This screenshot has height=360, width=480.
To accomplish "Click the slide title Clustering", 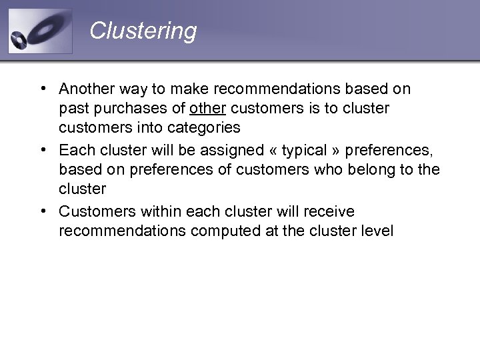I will point(143,31).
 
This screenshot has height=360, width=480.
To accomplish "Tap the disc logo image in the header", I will point(40,31).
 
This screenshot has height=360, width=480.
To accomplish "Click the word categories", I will point(206,127).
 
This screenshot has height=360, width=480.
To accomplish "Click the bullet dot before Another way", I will point(42,89).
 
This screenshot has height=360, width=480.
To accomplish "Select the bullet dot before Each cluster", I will point(42,151).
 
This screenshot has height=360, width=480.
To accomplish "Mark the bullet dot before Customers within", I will point(42,212).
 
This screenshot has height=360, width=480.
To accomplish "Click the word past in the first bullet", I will point(71,108).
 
